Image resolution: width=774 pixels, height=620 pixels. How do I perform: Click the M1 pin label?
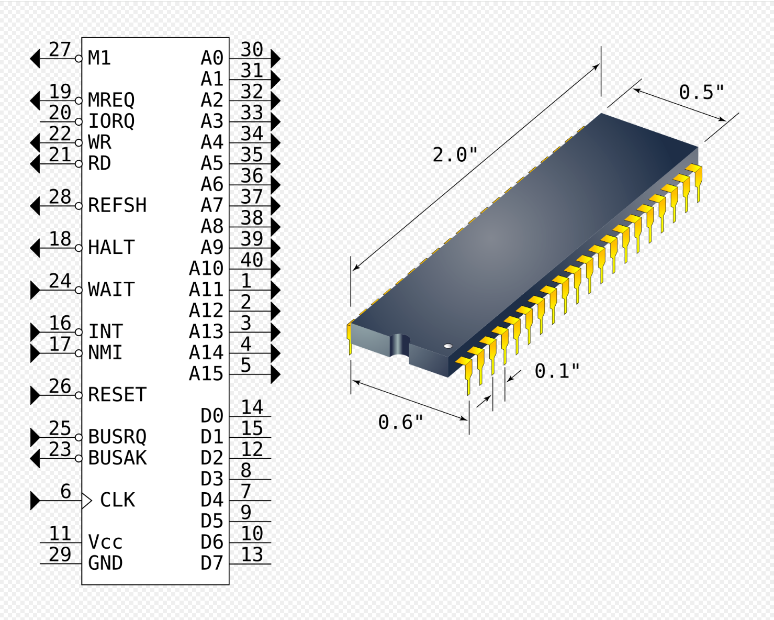tap(99, 58)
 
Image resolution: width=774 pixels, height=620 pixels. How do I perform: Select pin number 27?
tap(60, 49)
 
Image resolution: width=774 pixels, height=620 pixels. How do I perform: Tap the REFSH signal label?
tap(117, 205)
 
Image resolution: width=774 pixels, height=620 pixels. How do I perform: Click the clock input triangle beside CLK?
tap(87, 501)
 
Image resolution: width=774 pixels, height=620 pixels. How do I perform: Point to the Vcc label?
tap(105, 542)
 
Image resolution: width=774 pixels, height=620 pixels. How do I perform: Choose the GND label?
tap(105, 563)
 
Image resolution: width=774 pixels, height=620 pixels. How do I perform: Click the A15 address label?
tap(206, 373)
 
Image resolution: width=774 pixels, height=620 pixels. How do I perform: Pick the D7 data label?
tap(211, 563)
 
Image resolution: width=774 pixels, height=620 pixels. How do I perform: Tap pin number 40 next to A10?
tap(252, 260)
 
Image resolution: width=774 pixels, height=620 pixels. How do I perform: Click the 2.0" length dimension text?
tap(455, 155)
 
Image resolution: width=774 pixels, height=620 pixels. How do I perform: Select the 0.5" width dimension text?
tap(701, 92)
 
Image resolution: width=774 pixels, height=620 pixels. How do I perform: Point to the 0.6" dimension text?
tap(400, 422)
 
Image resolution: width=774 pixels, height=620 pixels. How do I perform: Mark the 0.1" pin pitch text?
tap(557, 371)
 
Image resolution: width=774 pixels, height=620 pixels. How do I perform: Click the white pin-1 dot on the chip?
tap(448, 346)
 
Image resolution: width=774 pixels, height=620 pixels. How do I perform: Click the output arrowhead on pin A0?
tap(275, 59)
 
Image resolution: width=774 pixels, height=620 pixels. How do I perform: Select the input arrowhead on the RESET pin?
tap(35, 395)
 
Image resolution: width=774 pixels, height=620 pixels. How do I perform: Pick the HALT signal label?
tap(111, 247)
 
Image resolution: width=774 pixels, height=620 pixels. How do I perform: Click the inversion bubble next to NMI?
tap(78, 353)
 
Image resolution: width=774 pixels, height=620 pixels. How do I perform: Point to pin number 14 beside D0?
tap(252, 407)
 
